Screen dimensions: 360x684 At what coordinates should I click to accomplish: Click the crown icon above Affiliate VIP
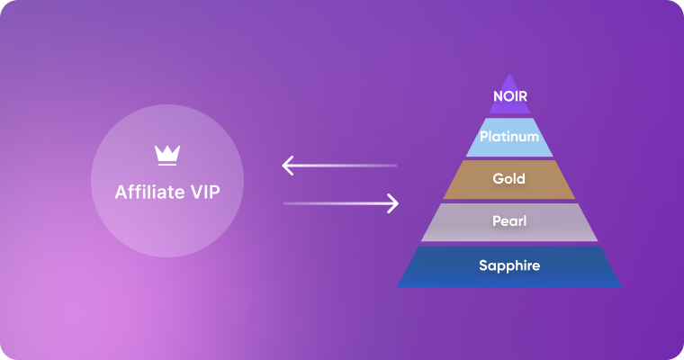point(166,155)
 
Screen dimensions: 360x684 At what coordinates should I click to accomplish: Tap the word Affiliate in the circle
point(148,192)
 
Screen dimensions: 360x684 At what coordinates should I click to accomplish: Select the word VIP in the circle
point(203,192)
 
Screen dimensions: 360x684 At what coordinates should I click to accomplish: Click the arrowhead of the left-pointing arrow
point(288,166)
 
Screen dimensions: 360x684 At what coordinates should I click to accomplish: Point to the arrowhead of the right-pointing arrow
point(392,203)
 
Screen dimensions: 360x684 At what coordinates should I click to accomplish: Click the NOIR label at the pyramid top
point(509,94)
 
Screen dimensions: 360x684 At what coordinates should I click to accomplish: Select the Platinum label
point(509,137)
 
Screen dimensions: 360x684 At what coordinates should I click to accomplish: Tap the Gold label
point(509,179)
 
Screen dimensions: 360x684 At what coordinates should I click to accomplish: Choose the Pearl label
point(509,221)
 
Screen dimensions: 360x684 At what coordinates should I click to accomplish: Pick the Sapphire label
point(509,265)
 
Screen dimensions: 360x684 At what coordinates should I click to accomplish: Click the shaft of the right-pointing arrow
point(333,203)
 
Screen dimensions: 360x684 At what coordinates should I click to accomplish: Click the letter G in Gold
point(498,179)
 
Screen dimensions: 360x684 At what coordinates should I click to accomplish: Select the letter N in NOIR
point(497,94)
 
